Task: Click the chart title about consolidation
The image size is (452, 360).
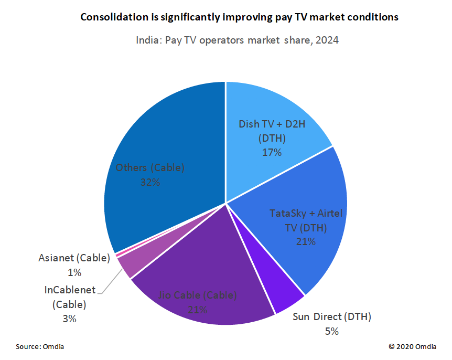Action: [x=239, y=17]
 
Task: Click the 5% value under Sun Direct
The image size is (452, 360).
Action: [x=331, y=331]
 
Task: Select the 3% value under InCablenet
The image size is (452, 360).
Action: [x=69, y=319]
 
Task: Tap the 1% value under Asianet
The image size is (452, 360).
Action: [x=74, y=272]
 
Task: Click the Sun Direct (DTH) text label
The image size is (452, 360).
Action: [x=331, y=317]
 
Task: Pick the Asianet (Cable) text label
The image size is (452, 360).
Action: [x=74, y=258]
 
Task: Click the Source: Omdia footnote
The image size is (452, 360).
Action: [x=40, y=347]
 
